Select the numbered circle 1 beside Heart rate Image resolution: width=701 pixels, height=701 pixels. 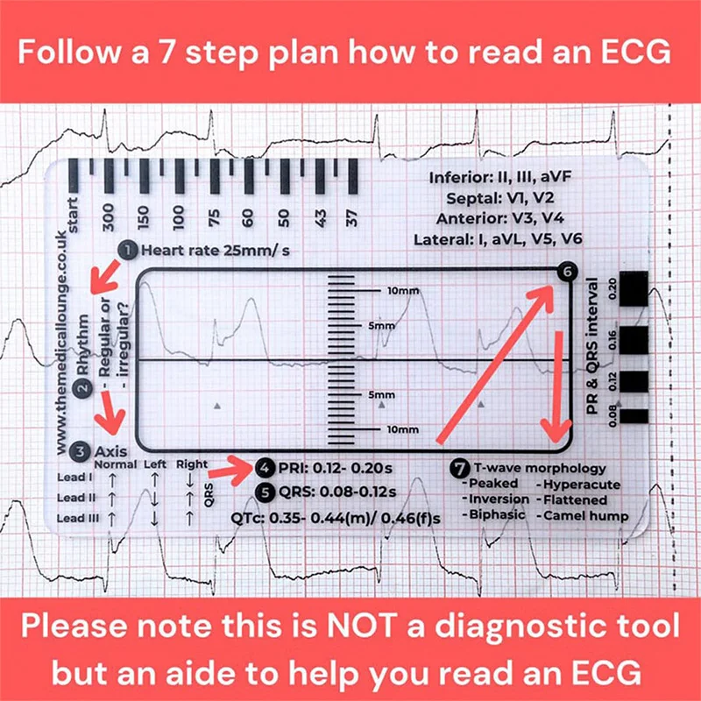[x=129, y=251]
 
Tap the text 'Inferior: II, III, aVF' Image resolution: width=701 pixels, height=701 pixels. [x=506, y=177]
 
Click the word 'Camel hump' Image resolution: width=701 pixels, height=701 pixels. [x=585, y=514]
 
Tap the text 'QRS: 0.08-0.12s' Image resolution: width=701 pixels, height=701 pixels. [x=337, y=491]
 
